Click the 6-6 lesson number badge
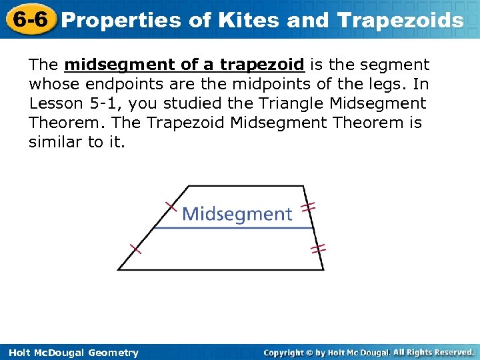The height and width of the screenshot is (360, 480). point(28,19)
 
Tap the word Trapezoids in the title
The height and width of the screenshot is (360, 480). point(400,20)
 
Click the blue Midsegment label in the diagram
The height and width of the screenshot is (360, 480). point(237,214)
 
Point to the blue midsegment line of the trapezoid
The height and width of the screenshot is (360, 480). point(233,228)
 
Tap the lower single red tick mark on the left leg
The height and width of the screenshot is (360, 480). point(135,249)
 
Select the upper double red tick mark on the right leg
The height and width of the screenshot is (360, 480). point(308,207)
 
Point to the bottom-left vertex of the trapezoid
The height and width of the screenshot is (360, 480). point(118,269)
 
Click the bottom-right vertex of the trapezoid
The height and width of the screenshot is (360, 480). point(324,269)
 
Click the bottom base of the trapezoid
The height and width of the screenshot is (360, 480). point(220,269)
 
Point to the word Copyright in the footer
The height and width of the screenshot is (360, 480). point(285,352)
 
